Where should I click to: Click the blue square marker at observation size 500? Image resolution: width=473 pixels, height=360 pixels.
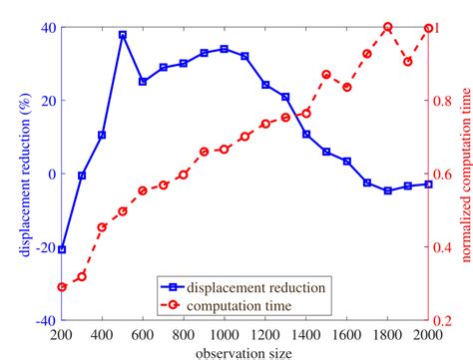(123, 35)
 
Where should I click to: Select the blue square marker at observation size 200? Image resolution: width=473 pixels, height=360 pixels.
(62, 249)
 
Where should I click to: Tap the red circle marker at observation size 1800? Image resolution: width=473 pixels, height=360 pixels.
(387, 27)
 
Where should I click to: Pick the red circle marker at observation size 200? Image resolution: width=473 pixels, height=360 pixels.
(62, 286)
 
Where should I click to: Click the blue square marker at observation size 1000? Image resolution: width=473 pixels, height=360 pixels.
(225, 49)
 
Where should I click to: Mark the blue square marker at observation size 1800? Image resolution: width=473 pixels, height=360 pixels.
(387, 190)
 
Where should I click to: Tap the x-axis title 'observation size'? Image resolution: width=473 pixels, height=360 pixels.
(244, 352)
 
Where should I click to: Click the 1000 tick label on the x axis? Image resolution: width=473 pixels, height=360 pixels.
(225, 334)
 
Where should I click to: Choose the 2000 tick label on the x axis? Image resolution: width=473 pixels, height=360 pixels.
(427, 334)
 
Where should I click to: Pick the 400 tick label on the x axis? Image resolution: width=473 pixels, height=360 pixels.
(103, 334)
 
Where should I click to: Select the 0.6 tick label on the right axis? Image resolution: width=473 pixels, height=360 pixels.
(445, 175)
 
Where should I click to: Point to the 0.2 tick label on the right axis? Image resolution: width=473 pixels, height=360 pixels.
(445, 321)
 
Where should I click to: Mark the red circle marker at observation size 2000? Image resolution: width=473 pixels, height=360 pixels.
(428, 28)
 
